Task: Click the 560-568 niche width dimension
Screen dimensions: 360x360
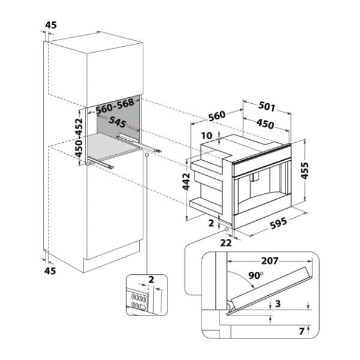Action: click(x=115, y=104)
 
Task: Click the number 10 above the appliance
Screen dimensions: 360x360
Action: click(x=207, y=135)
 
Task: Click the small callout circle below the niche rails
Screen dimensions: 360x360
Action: click(x=146, y=154)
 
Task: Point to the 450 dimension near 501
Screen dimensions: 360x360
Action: click(x=265, y=124)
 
